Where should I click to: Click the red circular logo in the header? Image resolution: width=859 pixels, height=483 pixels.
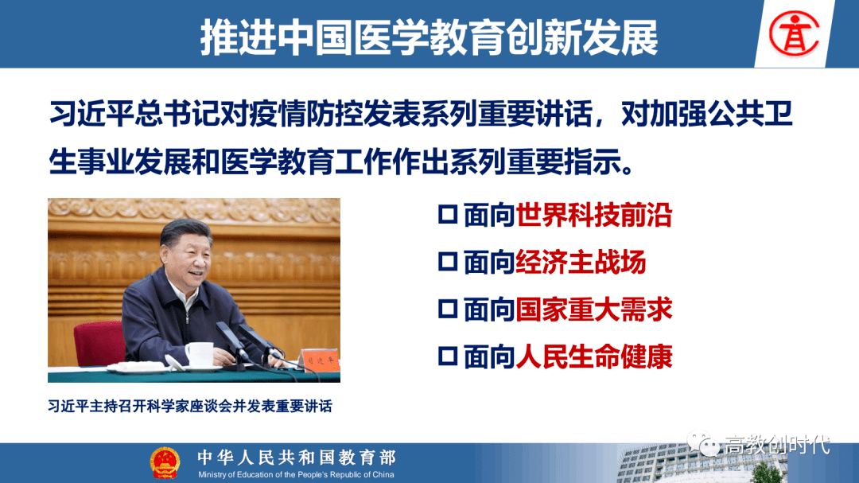click(x=794, y=33)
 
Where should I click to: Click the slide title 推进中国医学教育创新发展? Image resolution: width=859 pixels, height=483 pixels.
click(x=429, y=37)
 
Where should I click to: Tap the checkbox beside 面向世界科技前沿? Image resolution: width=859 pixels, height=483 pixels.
click(x=448, y=214)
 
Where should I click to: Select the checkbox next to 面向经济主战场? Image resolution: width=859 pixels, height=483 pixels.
click(x=448, y=262)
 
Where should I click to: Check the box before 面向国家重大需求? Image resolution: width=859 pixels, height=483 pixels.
click(x=448, y=309)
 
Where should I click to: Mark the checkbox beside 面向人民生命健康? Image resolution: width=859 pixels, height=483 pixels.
click(x=448, y=356)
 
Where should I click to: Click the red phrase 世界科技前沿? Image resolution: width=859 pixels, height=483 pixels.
click(x=594, y=215)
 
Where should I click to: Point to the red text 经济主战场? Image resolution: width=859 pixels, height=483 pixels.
click(x=581, y=262)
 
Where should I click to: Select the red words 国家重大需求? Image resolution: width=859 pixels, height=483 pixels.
click(x=594, y=310)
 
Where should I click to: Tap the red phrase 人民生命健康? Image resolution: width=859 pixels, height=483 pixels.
click(x=594, y=357)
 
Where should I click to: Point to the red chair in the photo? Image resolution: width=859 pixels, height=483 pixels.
click(x=99, y=343)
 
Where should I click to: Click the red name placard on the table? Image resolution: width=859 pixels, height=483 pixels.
click(x=320, y=360)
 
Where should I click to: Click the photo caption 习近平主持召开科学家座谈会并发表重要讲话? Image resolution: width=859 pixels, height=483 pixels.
click(x=190, y=407)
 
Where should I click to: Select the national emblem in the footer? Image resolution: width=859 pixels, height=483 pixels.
click(x=165, y=463)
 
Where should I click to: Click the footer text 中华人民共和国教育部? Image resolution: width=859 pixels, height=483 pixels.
click(x=297, y=458)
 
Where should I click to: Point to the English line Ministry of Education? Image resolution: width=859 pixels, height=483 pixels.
click(x=296, y=475)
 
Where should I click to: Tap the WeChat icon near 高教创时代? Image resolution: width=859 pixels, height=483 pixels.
click(x=703, y=443)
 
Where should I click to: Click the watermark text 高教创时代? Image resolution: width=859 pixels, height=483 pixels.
click(x=777, y=445)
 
